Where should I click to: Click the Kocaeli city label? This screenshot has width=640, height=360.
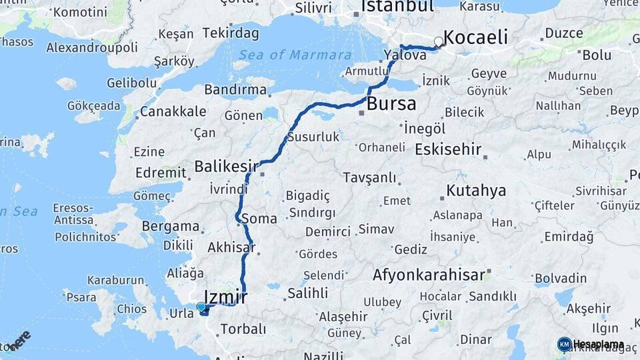475,37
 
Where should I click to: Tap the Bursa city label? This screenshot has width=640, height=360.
391,104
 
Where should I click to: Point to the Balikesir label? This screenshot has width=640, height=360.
226,165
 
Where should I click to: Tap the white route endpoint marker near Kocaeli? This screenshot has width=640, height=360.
438,42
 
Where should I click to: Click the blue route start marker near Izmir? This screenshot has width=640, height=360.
201,307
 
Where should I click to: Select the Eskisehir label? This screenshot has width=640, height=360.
448,149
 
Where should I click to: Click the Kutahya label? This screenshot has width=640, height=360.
476,191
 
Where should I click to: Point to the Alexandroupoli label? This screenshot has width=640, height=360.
91,47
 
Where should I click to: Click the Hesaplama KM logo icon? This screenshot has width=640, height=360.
564,344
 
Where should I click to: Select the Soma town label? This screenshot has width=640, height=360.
260,218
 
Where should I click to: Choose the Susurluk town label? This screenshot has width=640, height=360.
313,137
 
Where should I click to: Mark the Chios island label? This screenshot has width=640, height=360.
131,309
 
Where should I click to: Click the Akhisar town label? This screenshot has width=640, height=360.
231,247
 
